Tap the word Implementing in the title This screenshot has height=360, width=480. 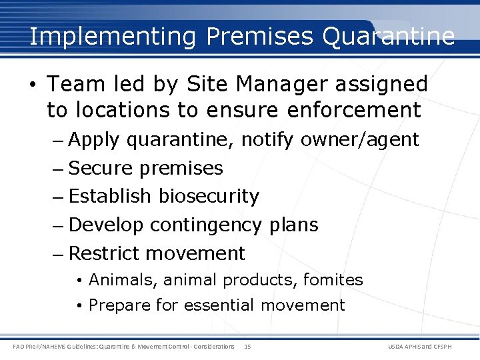pos(112,36)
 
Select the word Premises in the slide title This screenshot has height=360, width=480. pos(260,36)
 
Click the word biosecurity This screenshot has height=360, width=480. pos(209,196)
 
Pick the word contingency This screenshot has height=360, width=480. pos(205,225)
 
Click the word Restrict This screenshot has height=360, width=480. pos(104,253)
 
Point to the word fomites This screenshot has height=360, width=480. pos(333,280)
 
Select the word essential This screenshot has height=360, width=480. pos(219,305)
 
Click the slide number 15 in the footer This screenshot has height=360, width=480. pos(247,347)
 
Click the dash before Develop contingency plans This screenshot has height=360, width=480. pos(59,225)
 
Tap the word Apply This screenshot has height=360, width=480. pos(94,140)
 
